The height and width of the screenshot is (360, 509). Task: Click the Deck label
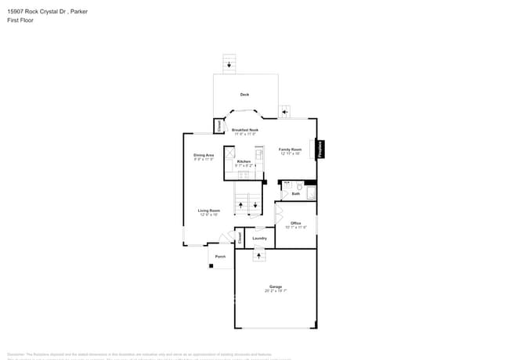244,95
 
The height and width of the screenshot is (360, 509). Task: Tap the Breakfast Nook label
244,130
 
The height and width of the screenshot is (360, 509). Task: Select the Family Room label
291,149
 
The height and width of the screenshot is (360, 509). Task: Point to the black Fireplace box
320,149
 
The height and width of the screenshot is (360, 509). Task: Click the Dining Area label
204,155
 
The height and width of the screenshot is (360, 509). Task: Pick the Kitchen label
244,161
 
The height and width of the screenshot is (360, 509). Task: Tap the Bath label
297,192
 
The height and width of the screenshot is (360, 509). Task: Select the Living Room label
208,211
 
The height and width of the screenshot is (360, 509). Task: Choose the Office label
296,223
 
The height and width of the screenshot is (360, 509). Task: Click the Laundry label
259,238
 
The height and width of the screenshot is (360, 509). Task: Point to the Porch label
220,256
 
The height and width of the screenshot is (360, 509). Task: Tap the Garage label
276,286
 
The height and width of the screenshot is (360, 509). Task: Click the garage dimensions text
276,291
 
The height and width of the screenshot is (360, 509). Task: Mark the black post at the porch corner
211,266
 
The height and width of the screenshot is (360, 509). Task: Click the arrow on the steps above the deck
229,65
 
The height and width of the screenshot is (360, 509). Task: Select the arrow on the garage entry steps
258,255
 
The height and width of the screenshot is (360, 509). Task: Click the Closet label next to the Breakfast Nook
218,125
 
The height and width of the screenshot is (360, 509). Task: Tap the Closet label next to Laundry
240,236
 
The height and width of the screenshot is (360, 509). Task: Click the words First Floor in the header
20,20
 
